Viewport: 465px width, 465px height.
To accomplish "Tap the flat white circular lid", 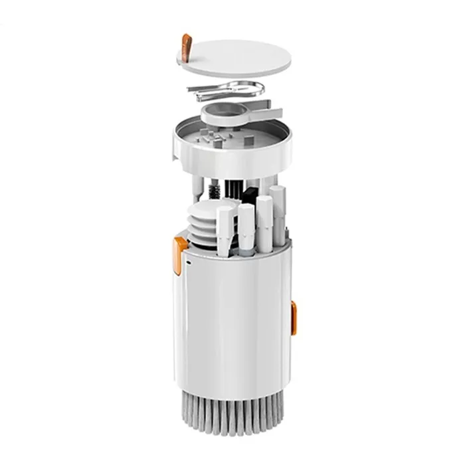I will (x=238, y=56).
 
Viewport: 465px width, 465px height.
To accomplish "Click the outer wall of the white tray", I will (x=232, y=158).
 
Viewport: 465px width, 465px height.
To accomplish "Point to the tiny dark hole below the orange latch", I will (x=188, y=264).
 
